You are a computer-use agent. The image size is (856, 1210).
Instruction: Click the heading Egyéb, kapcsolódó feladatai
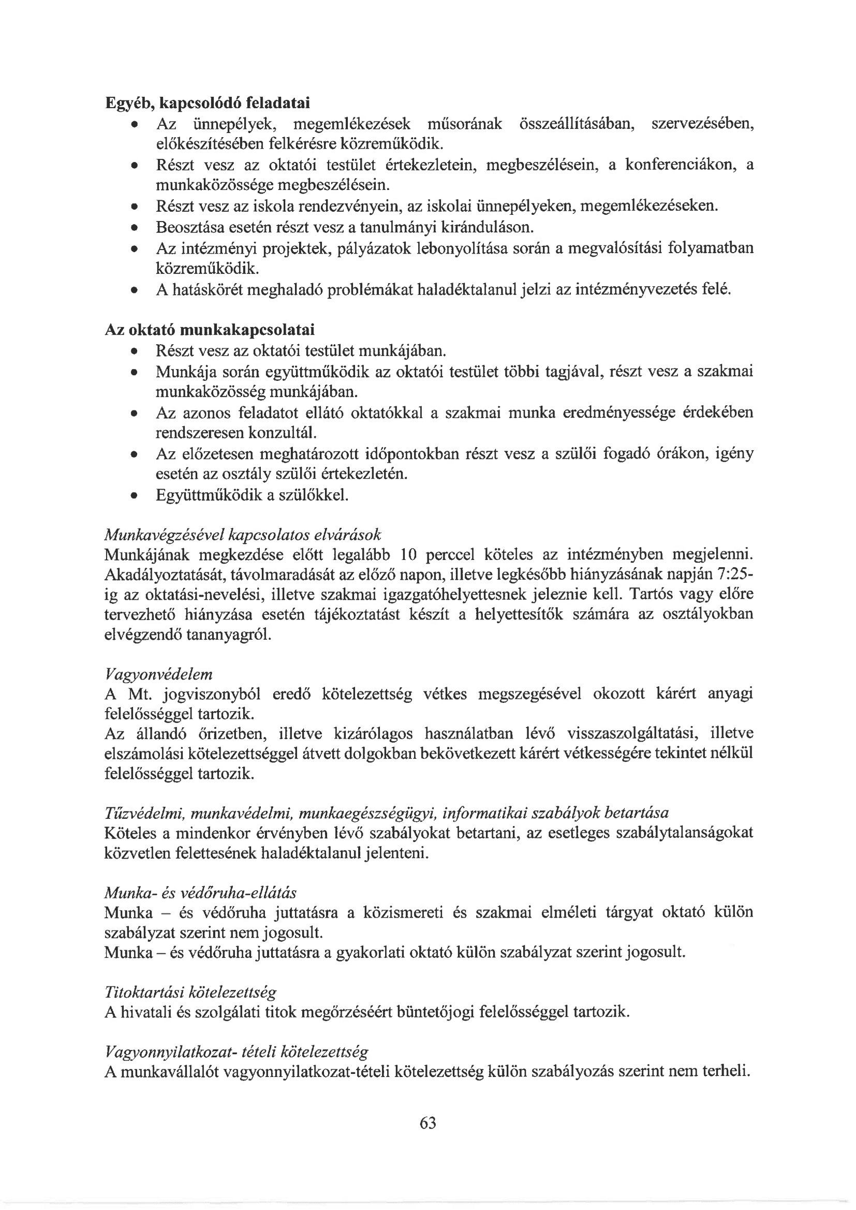click(x=208, y=102)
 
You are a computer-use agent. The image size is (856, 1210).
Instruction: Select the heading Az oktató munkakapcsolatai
click(x=210, y=330)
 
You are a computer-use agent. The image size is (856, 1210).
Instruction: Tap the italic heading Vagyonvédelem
click(x=159, y=674)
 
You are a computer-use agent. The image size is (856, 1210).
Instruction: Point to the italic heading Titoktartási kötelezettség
click(x=190, y=993)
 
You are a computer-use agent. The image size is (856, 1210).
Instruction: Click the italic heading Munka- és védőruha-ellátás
click(x=200, y=893)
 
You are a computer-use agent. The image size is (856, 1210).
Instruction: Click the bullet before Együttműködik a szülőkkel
click(x=135, y=496)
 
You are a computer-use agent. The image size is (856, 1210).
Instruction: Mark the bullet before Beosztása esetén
click(x=135, y=228)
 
